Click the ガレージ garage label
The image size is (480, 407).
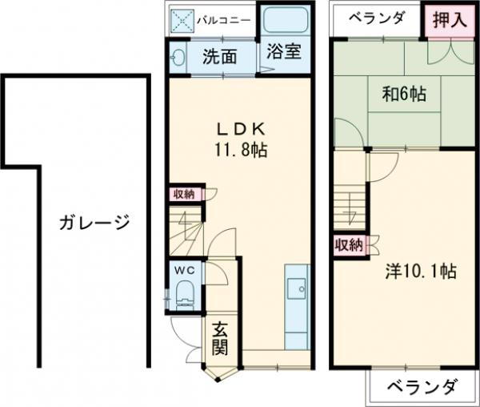coord(94,223)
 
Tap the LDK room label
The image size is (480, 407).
coord(238,128)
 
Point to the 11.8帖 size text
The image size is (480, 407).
coord(239,150)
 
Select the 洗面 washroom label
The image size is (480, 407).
coord(218,57)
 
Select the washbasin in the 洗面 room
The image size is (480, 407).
coord(178,58)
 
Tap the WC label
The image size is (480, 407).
coord(186,271)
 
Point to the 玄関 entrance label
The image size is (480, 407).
coord(220,339)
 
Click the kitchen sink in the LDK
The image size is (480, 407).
coord(296,287)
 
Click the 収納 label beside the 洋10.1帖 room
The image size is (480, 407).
coord(348,244)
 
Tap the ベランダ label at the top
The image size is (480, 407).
coord(376,18)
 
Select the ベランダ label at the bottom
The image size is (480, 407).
coord(423,387)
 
